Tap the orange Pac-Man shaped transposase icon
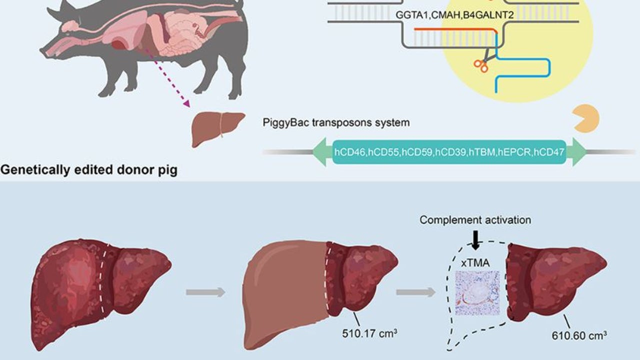(x=586, y=118)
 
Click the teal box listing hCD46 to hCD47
(x=449, y=152)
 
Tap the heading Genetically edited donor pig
(x=88, y=170)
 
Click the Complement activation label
(x=475, y=220)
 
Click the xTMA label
(x=476, y=262)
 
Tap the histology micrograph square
(x=477, y=293)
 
